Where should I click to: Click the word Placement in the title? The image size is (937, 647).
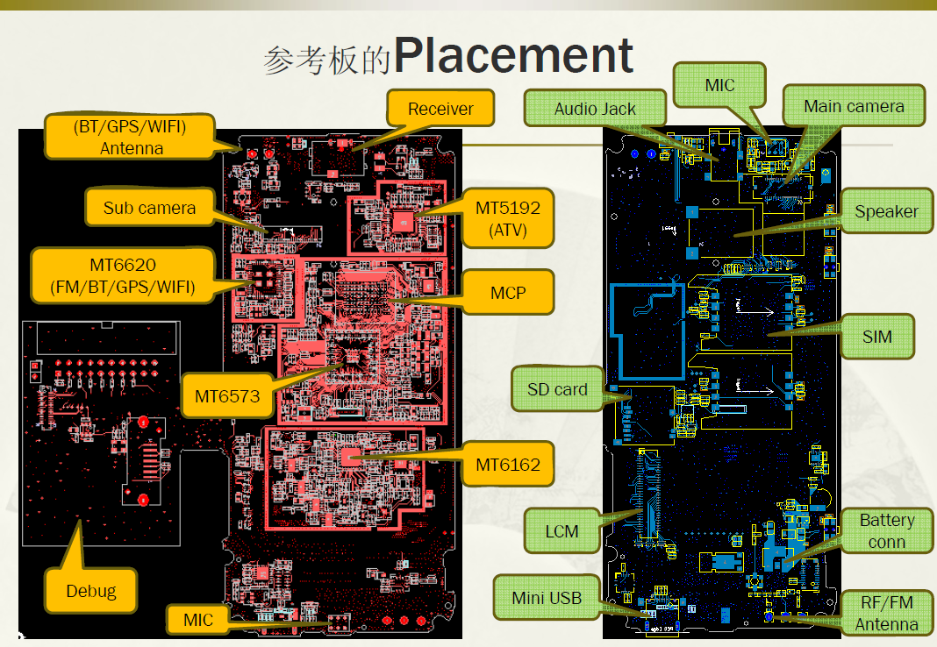513,55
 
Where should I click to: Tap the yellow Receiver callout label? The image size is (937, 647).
440,108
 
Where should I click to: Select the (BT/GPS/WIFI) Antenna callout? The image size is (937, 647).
130,137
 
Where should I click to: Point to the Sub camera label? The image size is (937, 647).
149,207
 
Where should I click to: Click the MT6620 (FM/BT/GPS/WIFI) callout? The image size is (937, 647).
123,275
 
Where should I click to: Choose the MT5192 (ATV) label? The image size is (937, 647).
507,218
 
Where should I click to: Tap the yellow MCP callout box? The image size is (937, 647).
507,293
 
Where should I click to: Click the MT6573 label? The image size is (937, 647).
227,395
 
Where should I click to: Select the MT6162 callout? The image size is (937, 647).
507,464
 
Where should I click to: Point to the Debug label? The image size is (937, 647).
91,590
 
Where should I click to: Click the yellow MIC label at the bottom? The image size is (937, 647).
197,620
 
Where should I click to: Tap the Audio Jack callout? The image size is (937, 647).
595,109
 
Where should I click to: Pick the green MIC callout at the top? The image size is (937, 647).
719,85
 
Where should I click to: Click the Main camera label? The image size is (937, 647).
854,106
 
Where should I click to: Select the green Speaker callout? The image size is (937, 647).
886,210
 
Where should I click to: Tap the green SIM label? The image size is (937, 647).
876,337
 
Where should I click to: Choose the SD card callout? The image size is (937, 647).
557,389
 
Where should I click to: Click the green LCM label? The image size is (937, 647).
561,530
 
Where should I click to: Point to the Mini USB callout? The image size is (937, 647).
547,597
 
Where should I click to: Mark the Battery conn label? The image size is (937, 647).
886,530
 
